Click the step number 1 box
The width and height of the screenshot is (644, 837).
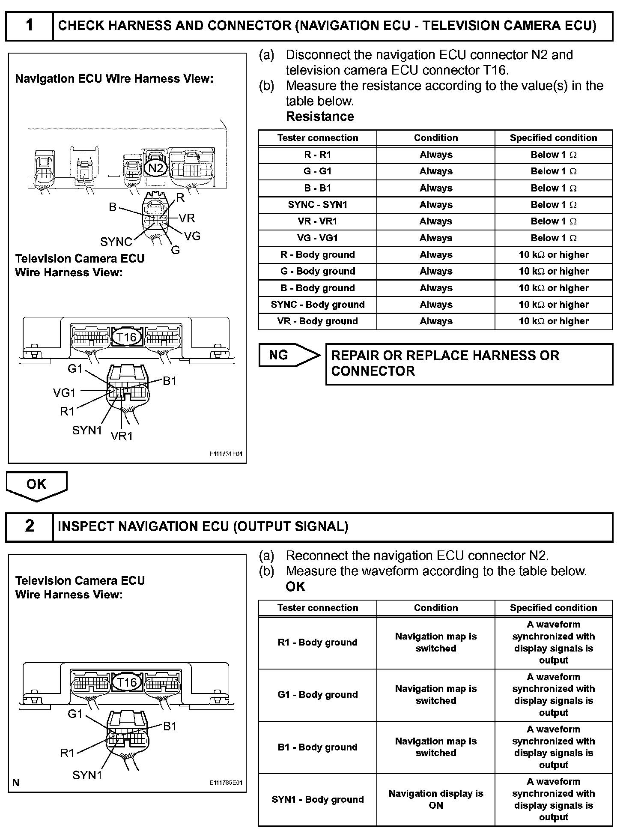point(29,26)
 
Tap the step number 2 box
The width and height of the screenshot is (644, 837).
point(29,526)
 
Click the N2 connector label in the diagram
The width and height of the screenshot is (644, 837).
point(155,168)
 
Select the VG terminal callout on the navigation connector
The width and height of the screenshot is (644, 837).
point(192,236)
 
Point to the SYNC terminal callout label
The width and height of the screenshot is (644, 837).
point(116,242)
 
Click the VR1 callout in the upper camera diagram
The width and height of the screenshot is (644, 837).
point(122,436)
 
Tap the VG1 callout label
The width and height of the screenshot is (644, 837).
point(64,392)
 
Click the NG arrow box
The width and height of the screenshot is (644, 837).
point(288,355)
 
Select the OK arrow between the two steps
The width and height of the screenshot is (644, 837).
point(36,485)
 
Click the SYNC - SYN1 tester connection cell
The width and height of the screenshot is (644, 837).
point(318,205)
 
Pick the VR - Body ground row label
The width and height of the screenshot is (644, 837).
point(318,321)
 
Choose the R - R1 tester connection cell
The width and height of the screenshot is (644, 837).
point(318,155)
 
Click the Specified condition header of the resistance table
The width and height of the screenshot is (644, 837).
point(553,138)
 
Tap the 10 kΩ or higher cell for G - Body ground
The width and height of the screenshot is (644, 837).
point(553,271)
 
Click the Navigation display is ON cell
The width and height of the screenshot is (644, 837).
point(435,799)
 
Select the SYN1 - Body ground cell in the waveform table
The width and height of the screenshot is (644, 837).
point(318,799)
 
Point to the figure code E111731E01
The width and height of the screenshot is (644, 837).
point(226,454)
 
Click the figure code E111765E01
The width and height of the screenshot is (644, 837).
point(226,782)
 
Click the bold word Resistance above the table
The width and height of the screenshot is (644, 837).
point(320,117)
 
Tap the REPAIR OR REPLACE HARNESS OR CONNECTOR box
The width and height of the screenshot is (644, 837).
point(469,363)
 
